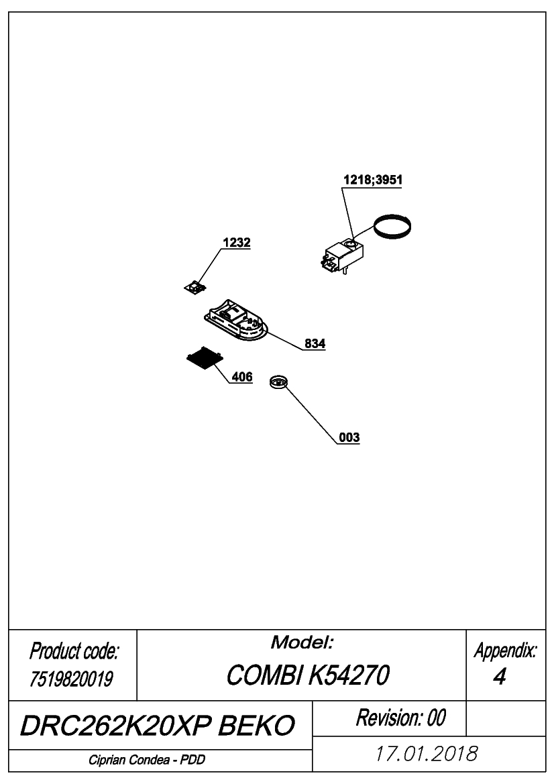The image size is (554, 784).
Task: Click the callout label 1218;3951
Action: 372,180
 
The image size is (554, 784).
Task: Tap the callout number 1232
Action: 237,243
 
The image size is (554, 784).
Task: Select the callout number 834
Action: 315,343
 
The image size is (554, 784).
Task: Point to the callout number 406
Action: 242,376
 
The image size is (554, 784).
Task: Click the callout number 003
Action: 349,437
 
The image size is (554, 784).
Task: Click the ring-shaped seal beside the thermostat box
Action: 394,227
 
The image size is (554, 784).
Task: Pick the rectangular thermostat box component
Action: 341,256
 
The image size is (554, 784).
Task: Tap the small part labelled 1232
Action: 195,287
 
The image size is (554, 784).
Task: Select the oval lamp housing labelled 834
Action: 235,321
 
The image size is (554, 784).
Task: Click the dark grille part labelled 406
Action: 204,358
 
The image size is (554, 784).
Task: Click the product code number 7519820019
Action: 72,679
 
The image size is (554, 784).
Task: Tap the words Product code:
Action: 74,651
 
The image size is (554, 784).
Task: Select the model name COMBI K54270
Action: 307,675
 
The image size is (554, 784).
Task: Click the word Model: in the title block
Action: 302,642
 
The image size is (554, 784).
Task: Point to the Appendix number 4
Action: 499,677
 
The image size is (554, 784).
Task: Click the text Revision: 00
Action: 400,718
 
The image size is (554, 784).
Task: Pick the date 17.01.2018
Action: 427,754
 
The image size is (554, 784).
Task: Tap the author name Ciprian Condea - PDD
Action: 147,760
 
